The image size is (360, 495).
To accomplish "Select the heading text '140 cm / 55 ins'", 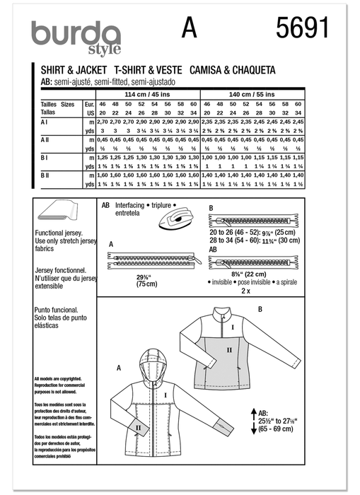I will click(x=252, y=93).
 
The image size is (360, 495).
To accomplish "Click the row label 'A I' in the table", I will click(x=44, y=122).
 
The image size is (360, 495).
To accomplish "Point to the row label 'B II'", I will click(x=45, y=173).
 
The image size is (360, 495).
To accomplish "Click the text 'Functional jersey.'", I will click(x=63, y=233).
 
